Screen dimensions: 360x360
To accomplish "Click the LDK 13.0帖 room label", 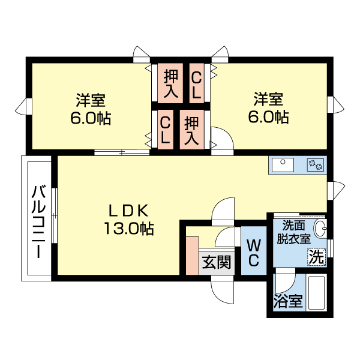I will click(x=128, y=219).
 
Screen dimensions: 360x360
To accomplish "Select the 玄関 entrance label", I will click(x=215, y=262).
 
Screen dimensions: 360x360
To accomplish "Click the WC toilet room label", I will click(x=253, y=253).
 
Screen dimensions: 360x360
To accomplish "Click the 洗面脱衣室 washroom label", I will click(x=293, y=232).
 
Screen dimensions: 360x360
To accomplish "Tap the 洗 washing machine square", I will click(x=317, y=257).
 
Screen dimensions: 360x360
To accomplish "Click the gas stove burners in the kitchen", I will click(x=315, y=164).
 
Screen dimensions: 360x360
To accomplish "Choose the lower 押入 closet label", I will click(x=191, y=130).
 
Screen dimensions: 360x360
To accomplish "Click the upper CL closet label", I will click(x=196, y=83).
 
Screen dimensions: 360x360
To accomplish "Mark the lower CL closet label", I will click(x=165, y=130).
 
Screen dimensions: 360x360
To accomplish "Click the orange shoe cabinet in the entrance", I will click(x=192, y=256).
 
